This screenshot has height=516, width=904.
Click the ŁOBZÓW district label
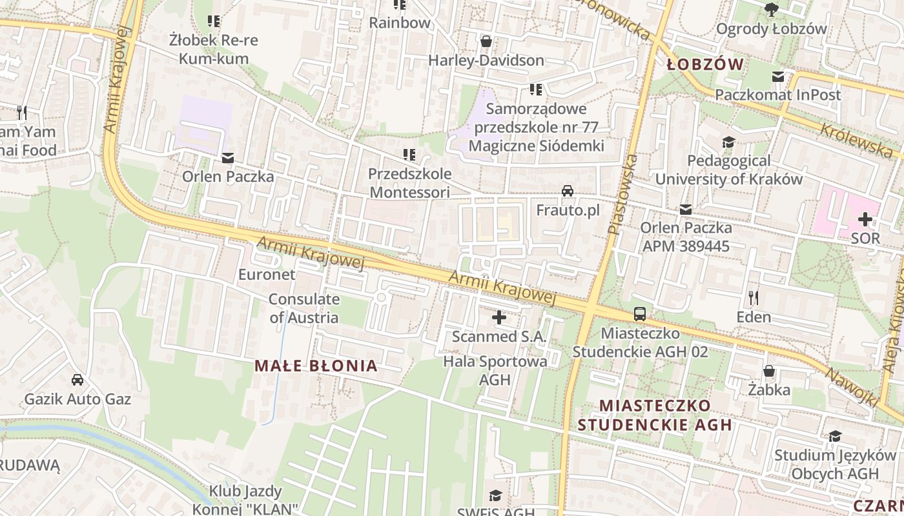click(704, 64)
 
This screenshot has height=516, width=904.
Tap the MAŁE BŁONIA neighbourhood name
click(316, 366)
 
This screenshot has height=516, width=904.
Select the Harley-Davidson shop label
click(486, 61)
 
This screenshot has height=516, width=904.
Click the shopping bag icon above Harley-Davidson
click(486, 42)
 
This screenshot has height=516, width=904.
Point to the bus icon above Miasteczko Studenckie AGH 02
click(640, 314)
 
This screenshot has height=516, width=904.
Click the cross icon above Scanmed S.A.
click(499, 317)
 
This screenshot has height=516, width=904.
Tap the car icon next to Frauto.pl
click(568, 191)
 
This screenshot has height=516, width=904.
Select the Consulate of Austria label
click(303, 308)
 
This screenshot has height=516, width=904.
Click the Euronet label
click(267, 275)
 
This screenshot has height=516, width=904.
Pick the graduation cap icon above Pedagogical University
click(728, 142)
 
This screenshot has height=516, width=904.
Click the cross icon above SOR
click(865, 219)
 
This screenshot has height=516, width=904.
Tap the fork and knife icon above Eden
click(753, 298)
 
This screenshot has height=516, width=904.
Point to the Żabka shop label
click(769, 390)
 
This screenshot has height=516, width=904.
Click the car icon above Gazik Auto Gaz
click(77, 380)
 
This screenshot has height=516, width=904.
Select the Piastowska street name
click(622, 193)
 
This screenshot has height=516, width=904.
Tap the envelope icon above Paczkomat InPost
click(778, 77)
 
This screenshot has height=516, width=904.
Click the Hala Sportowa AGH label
click(495, 370)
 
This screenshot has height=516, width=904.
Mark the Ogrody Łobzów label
click(771, 29)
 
